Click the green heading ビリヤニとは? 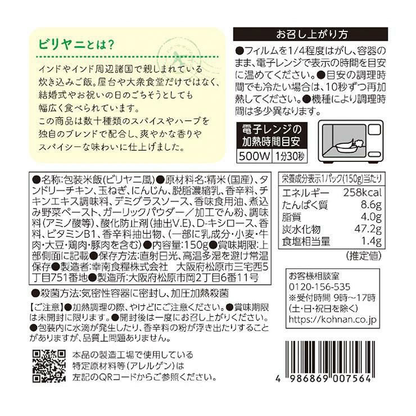[x=76, y=44]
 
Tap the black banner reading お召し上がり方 [x=310, y=34]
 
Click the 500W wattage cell [x=254, y=156]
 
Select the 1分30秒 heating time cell [x=289, y=156]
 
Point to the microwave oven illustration [x=351, y=142]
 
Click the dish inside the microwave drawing [x=346, y=146]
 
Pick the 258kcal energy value [x=363, y=192]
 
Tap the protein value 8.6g [x=371, y=205]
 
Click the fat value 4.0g [x=371, y=217]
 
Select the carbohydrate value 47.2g [x=368, y=229]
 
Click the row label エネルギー [x=306, y=193]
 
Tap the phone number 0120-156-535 [x=319, y=287]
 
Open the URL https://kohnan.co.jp [x=332, y=319]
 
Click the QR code [x=49, y=367]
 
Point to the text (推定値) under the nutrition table [x=364, y=256]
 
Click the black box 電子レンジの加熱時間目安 [x=272, y=135]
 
